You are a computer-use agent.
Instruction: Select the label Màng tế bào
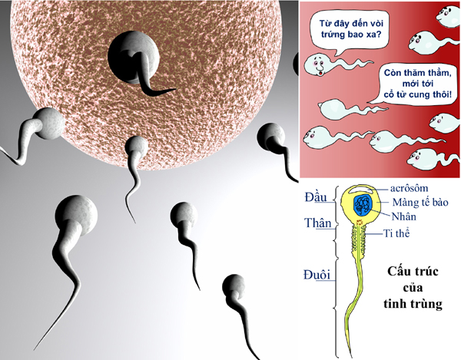tap(422, 202)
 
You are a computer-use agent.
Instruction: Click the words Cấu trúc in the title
tap(413, 272)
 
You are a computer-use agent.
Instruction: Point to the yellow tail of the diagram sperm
tap(356, 292)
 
